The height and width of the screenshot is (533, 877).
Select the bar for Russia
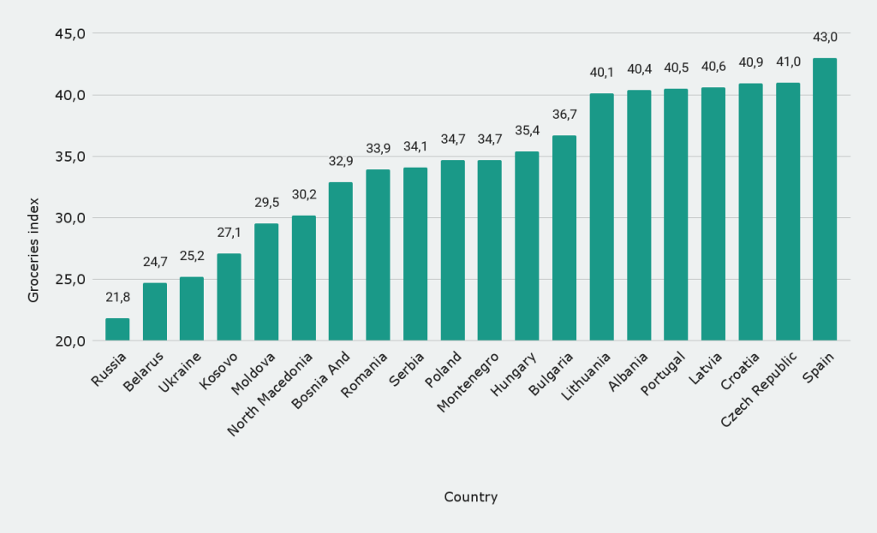coord(117,329)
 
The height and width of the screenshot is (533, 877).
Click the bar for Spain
coord(825,199)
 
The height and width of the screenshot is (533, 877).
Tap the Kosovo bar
coord(229,297)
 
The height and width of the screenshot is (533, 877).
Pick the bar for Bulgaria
coord(564,238)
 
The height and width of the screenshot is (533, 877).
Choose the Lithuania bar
coord(601,217)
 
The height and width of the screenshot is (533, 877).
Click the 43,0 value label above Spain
coord(825,38)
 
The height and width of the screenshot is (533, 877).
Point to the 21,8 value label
coord(117,297)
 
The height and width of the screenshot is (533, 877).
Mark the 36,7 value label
coord(564,115)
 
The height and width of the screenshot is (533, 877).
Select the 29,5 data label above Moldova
coord(266,203)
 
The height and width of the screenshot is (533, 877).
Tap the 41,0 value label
coord(788,62)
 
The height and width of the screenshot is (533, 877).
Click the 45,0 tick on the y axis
coord(70,33)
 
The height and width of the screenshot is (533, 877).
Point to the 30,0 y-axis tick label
coord(70,218)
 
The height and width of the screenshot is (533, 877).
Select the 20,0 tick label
coord(70,341)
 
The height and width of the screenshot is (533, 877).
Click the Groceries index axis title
coord(34,249)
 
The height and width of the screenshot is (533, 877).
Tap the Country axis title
coord(470,497)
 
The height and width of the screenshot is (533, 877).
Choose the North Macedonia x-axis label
coord(272,394)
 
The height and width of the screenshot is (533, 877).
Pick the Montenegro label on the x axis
coord(468,382)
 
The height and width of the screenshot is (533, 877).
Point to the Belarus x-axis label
coord(144,370)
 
